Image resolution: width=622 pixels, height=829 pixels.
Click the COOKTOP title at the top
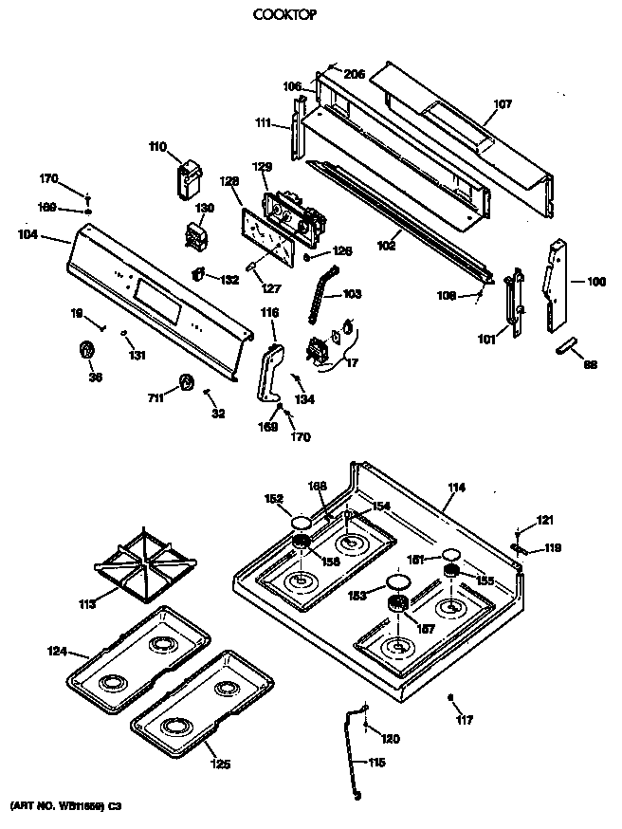coord(284,15)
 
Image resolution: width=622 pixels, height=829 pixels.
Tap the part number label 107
coord(503,105)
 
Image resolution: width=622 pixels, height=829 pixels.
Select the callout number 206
coord(355,74)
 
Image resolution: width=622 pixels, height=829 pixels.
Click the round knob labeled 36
coord(86,352)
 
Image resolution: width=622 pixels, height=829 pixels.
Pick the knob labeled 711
coord(185,382)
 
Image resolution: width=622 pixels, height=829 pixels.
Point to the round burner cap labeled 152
coord(301,523)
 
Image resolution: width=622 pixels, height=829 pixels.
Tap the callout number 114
coord(456,488)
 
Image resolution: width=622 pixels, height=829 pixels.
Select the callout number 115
coord(377,762)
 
